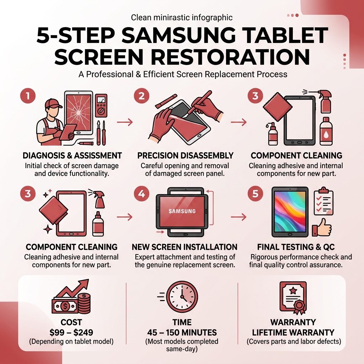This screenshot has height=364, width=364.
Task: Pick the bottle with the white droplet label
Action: point(326,133)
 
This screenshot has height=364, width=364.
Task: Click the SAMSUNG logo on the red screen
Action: point(182,211)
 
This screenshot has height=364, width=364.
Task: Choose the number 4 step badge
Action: point(141,194)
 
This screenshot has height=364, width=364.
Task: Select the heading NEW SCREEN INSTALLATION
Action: point(184,247)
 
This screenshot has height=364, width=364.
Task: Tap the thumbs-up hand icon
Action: point(321,228)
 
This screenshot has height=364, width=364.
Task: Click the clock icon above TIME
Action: point(182,296)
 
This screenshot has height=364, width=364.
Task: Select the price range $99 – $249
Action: point(71,333)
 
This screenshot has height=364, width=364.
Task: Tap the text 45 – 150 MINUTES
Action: point(182,333)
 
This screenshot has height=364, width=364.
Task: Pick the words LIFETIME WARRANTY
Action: point(293,333)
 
